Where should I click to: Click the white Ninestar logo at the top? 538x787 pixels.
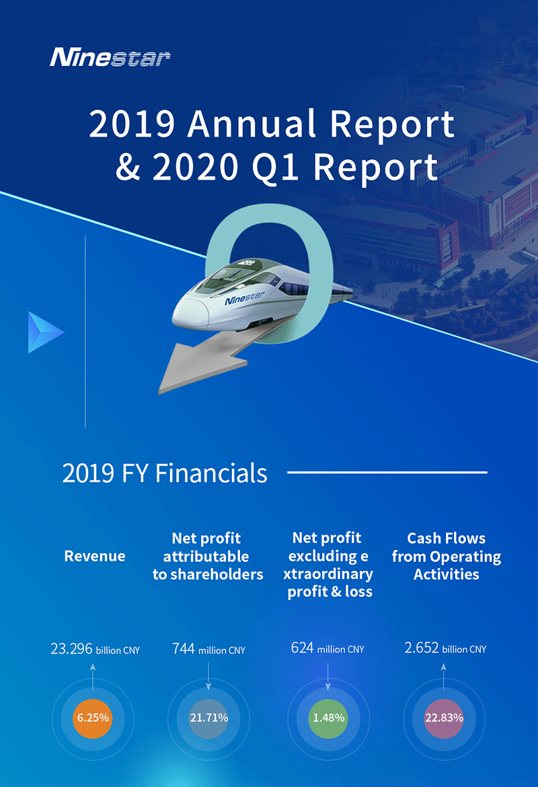click(110, 57)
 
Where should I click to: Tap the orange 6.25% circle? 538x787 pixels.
click(93, 718)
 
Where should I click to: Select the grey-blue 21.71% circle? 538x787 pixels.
click(208, 718)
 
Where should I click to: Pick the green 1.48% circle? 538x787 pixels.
click(328, 718)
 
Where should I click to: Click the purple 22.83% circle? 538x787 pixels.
click(444, 718)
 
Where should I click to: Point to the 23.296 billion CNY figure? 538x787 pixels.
click(95, 649)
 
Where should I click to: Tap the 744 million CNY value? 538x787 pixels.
click(208, 649)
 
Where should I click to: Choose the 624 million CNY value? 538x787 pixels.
click(328, 648)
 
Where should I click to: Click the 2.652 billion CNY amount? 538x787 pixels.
click(445, 648)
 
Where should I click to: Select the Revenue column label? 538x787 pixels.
click(95, 556)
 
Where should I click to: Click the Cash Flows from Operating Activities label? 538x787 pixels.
click(446, 556)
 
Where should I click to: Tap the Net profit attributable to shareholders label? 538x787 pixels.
click(208, 556)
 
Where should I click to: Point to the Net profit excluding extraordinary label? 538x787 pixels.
click(328, 564)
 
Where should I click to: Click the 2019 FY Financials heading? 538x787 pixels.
click(165, 474)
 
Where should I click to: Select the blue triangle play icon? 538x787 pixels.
click(45, 332)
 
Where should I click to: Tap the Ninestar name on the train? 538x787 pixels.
click(244, 298)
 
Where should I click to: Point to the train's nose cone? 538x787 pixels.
click(189, 316)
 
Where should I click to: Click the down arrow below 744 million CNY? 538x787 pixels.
click(208, 676)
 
